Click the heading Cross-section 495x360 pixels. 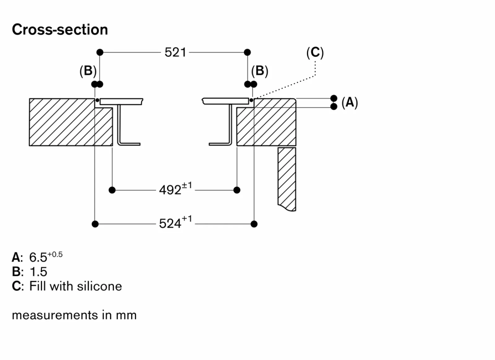click(60, 30)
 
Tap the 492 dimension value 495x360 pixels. click(170, 190)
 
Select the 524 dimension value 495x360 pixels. click(170, 224)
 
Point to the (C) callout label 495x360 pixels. click(315, 52)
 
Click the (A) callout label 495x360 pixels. click(349, 102)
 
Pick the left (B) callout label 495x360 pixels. click(88, 71)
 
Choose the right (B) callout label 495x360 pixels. click(259, 71)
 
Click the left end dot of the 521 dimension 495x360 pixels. click(99, 52)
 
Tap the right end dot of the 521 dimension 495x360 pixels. click(247, 52)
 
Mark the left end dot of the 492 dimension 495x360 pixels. click(112, 190)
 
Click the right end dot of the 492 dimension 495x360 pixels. click(237, 190)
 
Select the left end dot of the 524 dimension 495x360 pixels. click(95, 224)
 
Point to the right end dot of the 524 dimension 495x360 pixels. click(254, 224)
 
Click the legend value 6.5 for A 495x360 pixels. click(38, 258)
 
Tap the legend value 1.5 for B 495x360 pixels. click(38, 272)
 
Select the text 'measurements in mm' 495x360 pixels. click(74, 315)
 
